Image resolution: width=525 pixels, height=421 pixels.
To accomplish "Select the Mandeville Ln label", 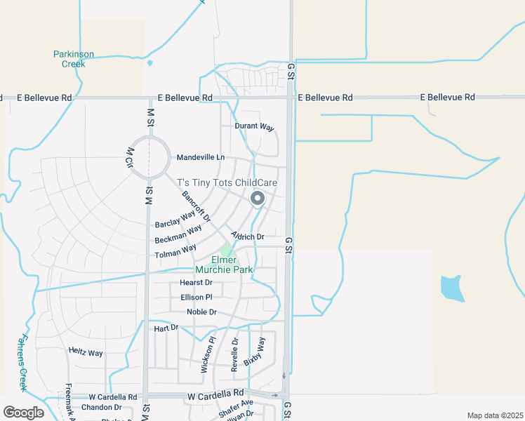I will tap(201, 157).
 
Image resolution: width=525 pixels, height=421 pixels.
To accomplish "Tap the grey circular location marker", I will tap(258, 199).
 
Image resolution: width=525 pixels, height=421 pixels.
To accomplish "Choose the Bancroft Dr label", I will tap(196, 207).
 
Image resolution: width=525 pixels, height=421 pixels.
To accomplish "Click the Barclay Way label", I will tap(174, 219).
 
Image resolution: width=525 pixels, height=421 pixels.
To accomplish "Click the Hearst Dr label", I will tap(196, 283).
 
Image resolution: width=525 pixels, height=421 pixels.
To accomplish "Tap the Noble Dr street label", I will tap(201, 312).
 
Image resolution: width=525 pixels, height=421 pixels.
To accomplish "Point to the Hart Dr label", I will tap(166, 328).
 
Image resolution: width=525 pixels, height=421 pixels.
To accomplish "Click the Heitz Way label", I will tap(86, 352).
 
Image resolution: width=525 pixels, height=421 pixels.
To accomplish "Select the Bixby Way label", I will tap(255, 352).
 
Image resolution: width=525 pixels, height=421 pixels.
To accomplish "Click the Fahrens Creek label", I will tap(21, 370).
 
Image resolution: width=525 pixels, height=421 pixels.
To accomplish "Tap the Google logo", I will tap(23, 413).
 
